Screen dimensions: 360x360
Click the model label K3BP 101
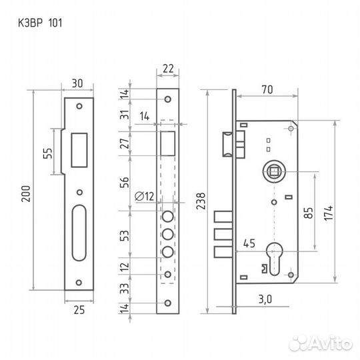click(x=40, y=23)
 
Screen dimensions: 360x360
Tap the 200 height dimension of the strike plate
click(x=26, y=193)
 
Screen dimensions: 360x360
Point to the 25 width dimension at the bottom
click(x=79, y=310)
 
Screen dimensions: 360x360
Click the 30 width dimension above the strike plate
click(x=77, y=83)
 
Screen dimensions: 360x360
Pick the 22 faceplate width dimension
click(x=168, y=69)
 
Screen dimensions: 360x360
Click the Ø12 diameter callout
click(x=144, y=196)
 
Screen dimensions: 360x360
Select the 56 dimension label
click(x=125, y=182)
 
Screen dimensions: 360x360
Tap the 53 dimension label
click(x=125, y=235)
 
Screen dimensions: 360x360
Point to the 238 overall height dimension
click(x=201, y=201)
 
